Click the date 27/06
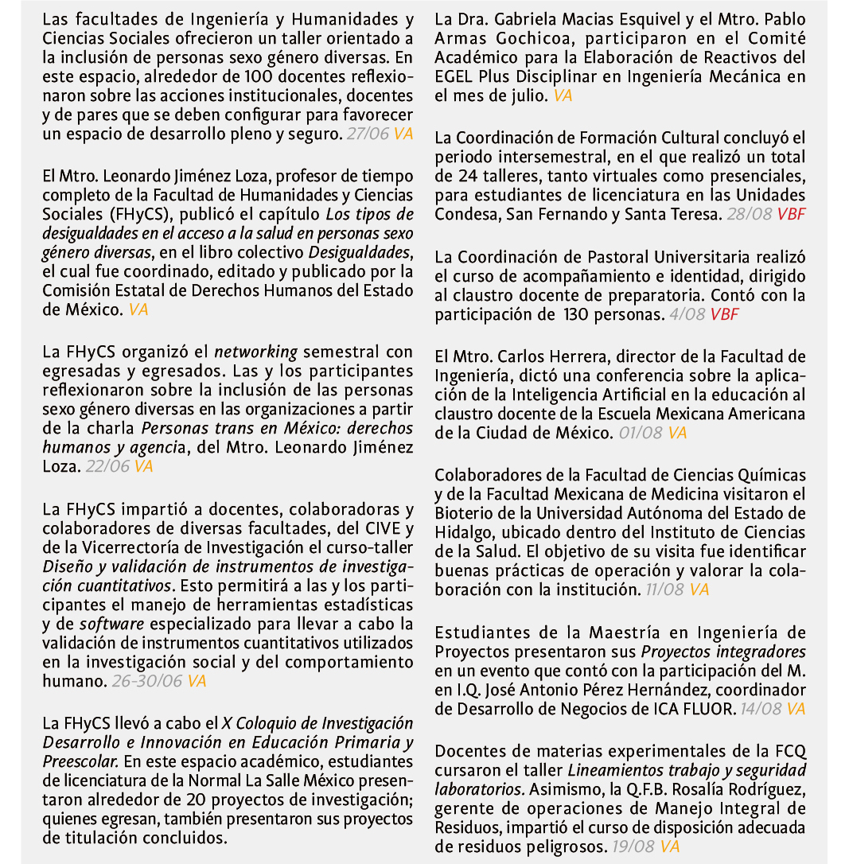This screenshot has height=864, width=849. [x=368, y=134]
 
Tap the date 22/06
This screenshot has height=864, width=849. [x=107, y=467]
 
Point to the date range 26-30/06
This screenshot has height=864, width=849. [x=147, y=682]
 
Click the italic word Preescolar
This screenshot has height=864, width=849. [x=83, y=761]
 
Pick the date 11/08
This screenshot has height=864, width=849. [x=665, y=590]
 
